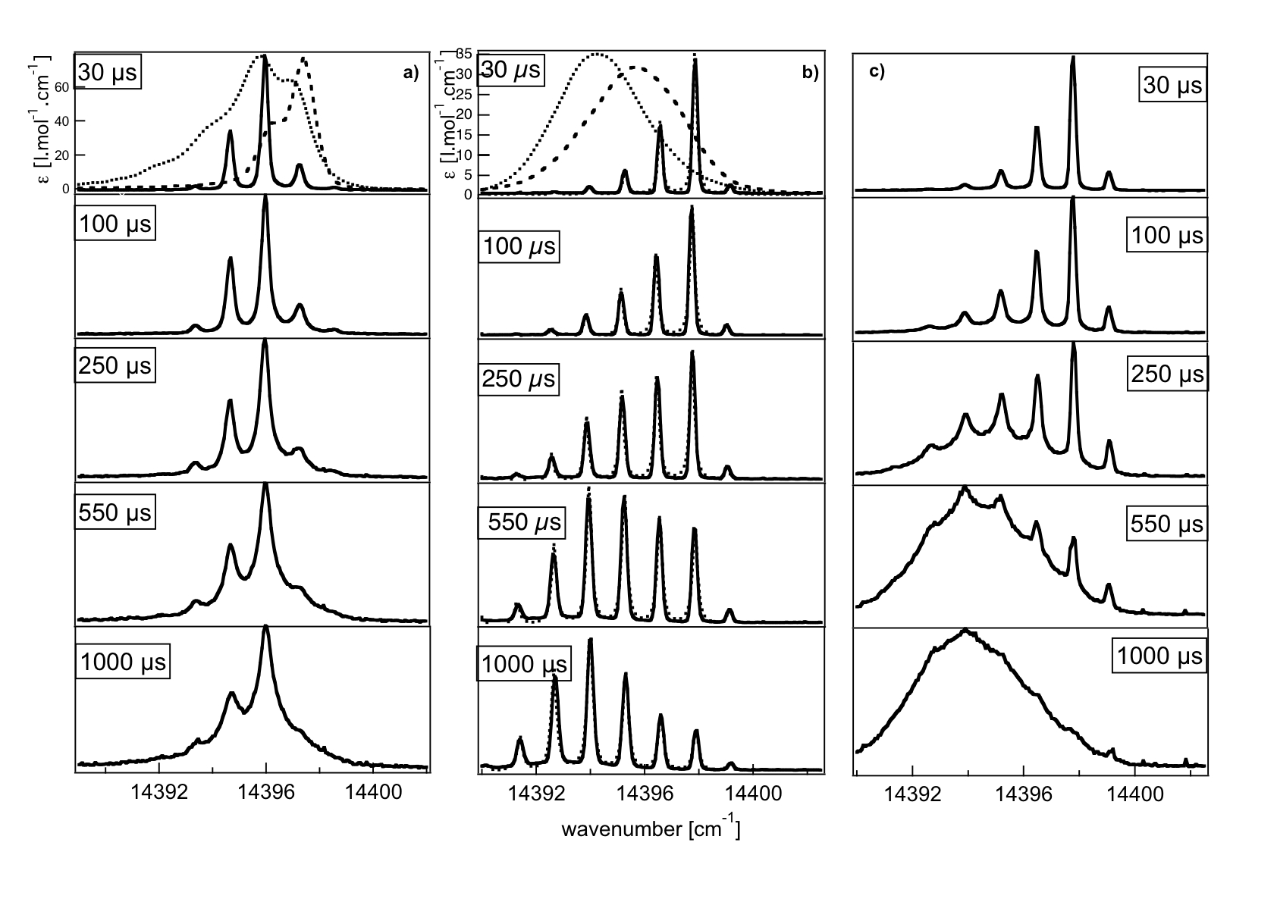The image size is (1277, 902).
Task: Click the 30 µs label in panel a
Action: tap(108, 73)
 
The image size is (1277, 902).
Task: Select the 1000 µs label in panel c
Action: tap(1158, 653)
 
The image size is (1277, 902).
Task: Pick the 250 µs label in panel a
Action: tap(115, 365)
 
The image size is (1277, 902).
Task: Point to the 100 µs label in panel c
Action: tap(1167, 235)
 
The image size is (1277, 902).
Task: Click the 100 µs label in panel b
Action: tap(519, 246)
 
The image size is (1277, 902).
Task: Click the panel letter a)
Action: tap(410, 73)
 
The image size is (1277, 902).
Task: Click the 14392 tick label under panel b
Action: tap(536, 794)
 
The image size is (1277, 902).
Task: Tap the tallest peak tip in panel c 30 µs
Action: tap(1072, 58)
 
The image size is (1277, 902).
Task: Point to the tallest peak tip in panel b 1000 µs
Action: tap(590, 640)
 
